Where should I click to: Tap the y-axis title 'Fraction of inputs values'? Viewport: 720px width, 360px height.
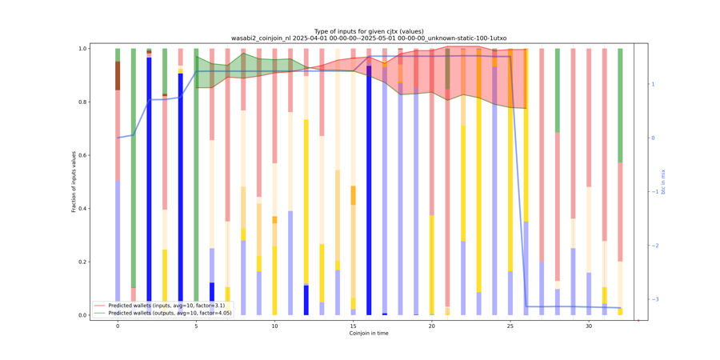pos(74,182)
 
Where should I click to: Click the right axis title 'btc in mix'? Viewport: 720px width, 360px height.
pos(662,182)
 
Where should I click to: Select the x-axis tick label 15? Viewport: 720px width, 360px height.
pos(353,326)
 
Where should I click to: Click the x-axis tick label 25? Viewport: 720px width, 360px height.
pos(510,326)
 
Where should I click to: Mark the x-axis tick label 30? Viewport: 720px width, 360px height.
pos(588,326)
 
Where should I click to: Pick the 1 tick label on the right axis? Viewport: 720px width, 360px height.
pos(652,84)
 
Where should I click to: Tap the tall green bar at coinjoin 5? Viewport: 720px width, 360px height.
pos(196,182)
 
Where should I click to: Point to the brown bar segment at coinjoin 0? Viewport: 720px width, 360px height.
pos(118,76)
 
